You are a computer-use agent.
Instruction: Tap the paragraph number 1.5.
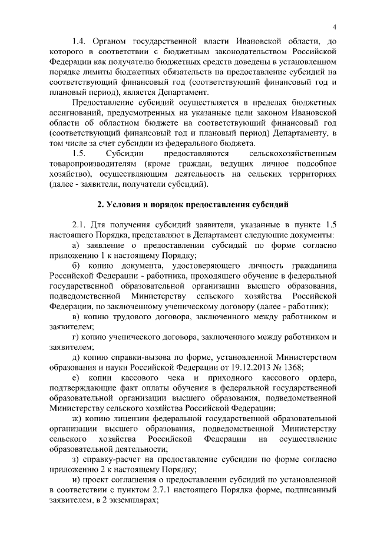pyautogui.click(x=80, y=153)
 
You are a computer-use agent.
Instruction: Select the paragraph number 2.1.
pyautogui.click(x=80, y=226)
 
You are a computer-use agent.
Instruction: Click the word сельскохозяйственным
pyautogui.click(x=293, y=153)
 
